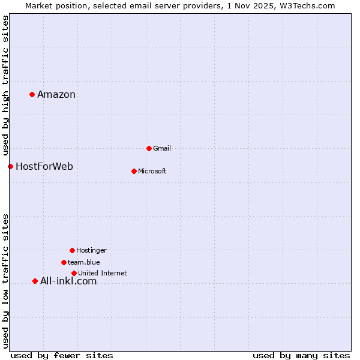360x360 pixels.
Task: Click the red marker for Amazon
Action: (32, 94)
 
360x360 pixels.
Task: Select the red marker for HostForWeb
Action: (10, 166)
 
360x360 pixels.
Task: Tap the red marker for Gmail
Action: (149, 148)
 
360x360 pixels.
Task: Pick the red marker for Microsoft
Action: (134, 171)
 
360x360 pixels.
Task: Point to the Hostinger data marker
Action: (72, 250)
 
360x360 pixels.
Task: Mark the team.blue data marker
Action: (64, 262)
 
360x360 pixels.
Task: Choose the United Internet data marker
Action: (74, 273)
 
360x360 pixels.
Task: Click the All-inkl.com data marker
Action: (35, 281)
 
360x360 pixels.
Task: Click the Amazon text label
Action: (56, 94)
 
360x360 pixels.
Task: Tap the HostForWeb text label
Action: (44, 166)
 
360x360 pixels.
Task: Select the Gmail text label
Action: (162, 148)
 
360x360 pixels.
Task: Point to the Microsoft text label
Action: (152, 171)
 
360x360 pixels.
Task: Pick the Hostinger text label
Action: (91, 250)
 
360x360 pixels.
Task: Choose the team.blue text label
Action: (84, 262)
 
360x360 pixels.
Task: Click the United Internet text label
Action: (103, 273)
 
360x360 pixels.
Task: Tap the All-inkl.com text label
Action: (68, 281)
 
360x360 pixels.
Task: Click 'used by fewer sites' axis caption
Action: (62, 355)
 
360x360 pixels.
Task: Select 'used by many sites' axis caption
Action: (301, 355)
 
